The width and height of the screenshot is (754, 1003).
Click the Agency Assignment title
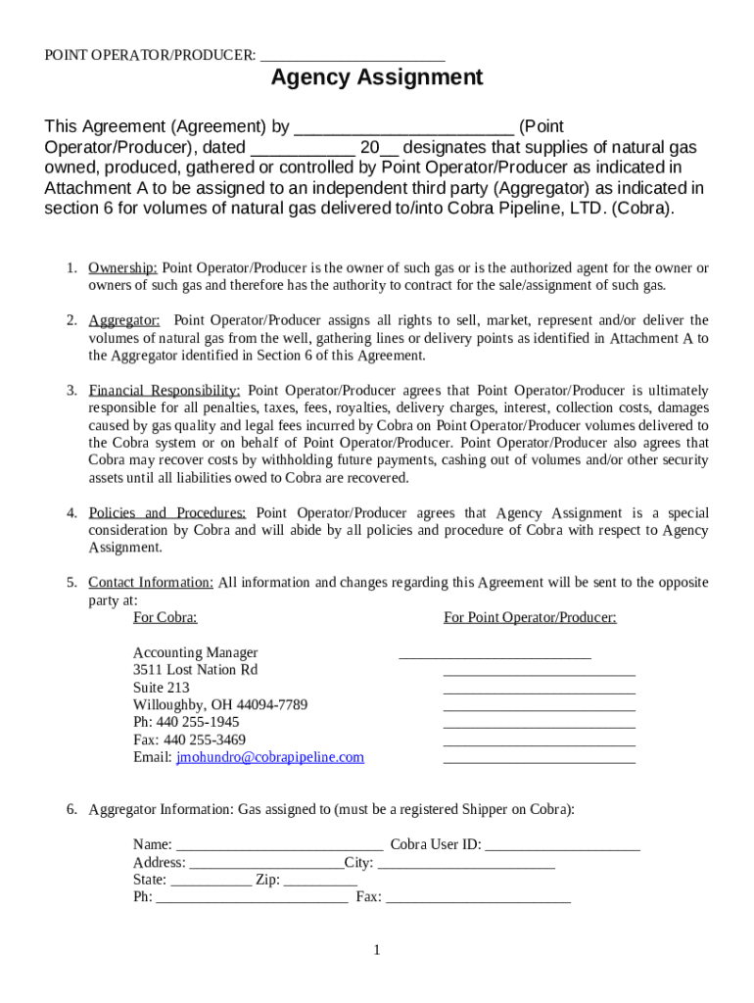377,77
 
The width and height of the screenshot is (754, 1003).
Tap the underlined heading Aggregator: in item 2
124,320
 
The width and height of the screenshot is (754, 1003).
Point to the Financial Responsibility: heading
165,390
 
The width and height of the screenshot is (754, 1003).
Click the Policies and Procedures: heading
167,512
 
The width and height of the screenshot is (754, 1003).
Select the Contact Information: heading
151,582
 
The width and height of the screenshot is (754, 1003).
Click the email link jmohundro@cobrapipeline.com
269,757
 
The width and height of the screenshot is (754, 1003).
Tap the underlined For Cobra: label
165,617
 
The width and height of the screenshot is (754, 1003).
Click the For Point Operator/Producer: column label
530,617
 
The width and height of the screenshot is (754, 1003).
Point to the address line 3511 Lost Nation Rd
195,670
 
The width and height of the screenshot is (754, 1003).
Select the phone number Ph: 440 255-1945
186,722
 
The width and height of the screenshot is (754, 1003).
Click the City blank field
466,862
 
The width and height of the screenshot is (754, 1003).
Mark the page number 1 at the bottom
376,949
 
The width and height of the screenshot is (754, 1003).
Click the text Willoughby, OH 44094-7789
220,705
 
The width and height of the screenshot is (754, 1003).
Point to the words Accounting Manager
196,652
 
